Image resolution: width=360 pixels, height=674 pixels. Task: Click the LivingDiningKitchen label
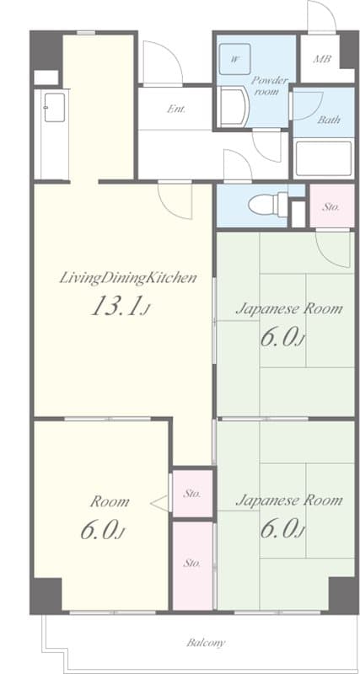(128, 278)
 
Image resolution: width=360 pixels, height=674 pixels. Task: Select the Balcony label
(206, 643)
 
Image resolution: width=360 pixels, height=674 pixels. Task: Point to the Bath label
(329, 119)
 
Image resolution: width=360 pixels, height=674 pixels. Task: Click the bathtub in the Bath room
(325, 158)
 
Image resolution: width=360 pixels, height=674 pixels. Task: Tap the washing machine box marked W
(234, 59)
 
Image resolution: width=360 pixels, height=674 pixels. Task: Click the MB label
(322, 59)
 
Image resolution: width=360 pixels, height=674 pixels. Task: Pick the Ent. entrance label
(176, 109)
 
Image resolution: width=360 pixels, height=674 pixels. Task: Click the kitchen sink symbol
(55, 108)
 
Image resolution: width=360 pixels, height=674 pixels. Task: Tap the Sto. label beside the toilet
(331, 206)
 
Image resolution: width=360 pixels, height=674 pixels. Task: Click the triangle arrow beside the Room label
(159, 503)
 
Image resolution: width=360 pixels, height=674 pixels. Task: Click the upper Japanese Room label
(289, 308)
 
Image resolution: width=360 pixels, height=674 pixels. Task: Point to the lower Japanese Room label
(289, 500)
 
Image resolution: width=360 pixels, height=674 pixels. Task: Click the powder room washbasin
(233, 107)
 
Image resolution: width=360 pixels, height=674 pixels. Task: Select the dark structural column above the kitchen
(46, 50)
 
